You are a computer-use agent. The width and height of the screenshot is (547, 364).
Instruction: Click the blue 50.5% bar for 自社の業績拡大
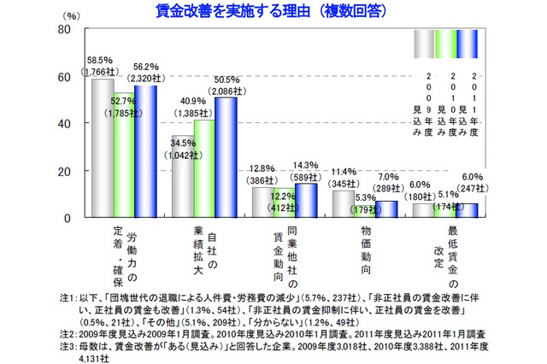pos(226,157)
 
